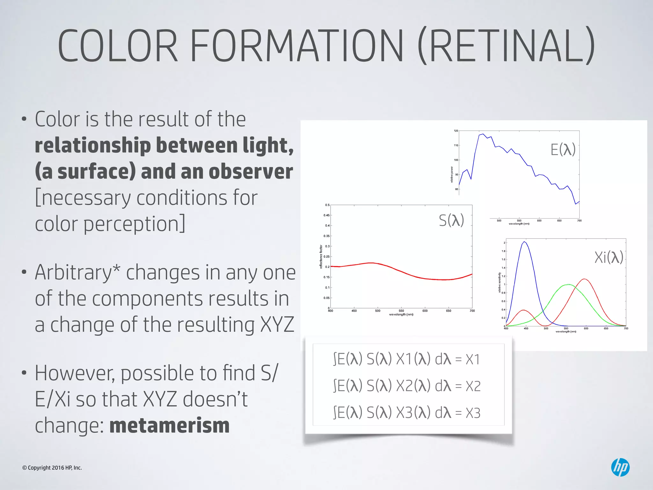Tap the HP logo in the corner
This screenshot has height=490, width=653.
620,467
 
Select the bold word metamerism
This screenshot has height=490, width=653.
169,426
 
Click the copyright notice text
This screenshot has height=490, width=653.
52,468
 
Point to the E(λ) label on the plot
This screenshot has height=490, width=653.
563,149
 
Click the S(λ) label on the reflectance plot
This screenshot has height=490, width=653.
451,220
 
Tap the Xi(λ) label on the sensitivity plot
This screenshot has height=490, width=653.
608,257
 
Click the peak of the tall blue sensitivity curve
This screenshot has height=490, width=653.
525,242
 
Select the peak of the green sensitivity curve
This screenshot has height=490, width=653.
569,285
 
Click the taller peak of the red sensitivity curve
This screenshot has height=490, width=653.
584,279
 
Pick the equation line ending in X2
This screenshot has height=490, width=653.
407,386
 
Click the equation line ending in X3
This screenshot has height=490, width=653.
407,413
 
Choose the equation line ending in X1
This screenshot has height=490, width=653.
407,359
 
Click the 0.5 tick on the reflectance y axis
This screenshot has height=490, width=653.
327,205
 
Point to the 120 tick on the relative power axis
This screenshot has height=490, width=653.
456,131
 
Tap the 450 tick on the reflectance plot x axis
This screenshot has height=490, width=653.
354,311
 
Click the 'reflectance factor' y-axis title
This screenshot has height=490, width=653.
321,257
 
